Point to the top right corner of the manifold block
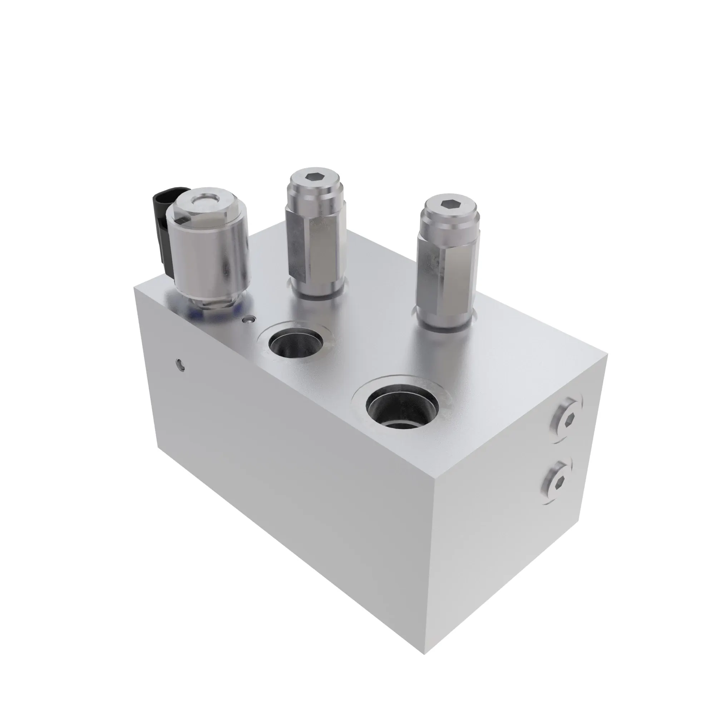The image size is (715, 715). tap(607, 354)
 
